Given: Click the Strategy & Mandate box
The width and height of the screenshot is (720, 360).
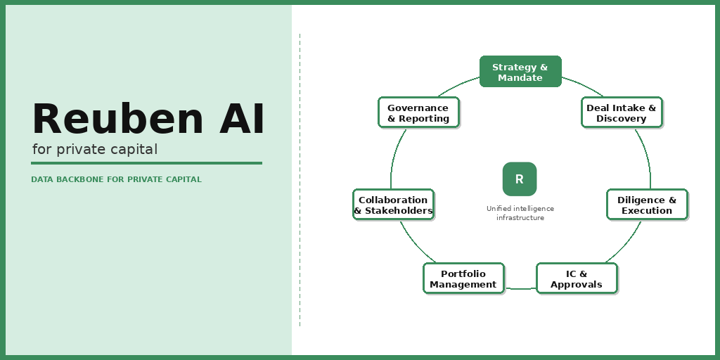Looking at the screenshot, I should [x=520, y=72].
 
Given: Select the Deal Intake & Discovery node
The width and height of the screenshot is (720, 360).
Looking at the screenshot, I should [x=622, y=112].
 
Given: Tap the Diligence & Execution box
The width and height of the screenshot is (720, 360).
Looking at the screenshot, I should [x=647, y=205].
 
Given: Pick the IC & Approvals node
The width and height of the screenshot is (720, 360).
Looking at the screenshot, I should [x=577, y=278].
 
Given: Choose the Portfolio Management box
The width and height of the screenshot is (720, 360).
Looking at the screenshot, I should [x=463, y=278].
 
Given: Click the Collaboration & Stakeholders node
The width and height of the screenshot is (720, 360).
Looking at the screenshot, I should [x=393, y=205].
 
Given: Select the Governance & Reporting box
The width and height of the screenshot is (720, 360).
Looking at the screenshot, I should [x=418, y=112].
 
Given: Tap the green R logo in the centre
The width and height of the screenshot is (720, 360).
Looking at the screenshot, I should [x=520, y=179].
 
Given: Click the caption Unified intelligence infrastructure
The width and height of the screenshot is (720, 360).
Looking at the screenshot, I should [x=520, y=213].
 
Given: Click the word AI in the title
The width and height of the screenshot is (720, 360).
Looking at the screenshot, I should [x=242, y=120].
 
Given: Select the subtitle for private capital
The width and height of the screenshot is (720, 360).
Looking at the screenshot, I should [x=95, y=150].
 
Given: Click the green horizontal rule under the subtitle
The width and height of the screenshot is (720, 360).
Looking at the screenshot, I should [x=146, y=163].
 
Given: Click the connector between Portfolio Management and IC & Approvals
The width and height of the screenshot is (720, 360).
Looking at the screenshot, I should [x=520, y=288].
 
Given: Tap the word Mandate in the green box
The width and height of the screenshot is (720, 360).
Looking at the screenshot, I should [x=520, y=78].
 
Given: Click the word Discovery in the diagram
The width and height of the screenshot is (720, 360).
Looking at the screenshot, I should [x=622, y=119].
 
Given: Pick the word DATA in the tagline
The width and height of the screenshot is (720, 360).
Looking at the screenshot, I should [x=41, y=180].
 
